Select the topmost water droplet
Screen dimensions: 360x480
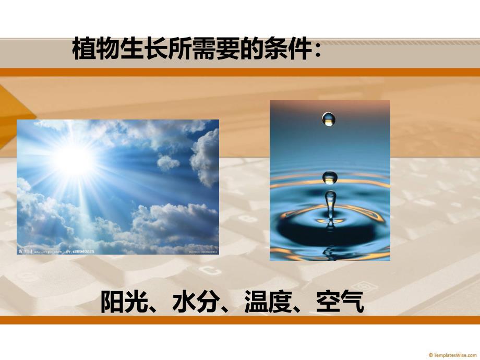point(328,119)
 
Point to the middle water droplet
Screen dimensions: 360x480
point(330,177)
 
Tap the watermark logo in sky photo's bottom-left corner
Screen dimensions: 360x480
point(26,251)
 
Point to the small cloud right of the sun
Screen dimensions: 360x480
point(168,163)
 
